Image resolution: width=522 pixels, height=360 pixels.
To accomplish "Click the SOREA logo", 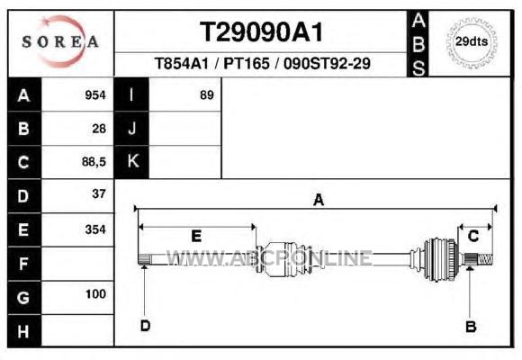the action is pos(60,41).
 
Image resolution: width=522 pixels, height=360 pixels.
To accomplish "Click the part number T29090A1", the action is pos(261,32).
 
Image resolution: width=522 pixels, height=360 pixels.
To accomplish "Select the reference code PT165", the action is pos(246,63).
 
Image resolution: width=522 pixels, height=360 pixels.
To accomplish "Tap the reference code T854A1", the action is pos(182,63).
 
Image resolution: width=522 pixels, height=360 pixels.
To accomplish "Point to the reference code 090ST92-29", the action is pos(327,63).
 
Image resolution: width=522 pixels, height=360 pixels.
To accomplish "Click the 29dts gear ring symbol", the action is pos(472,42).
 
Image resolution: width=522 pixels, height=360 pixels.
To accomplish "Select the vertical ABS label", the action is pos(418,44).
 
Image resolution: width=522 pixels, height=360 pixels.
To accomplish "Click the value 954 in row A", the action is pos(95,95).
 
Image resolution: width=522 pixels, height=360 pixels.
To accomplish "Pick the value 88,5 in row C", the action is pos(94,162).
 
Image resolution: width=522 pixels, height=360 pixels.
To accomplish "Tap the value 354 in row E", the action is pos(95,229).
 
